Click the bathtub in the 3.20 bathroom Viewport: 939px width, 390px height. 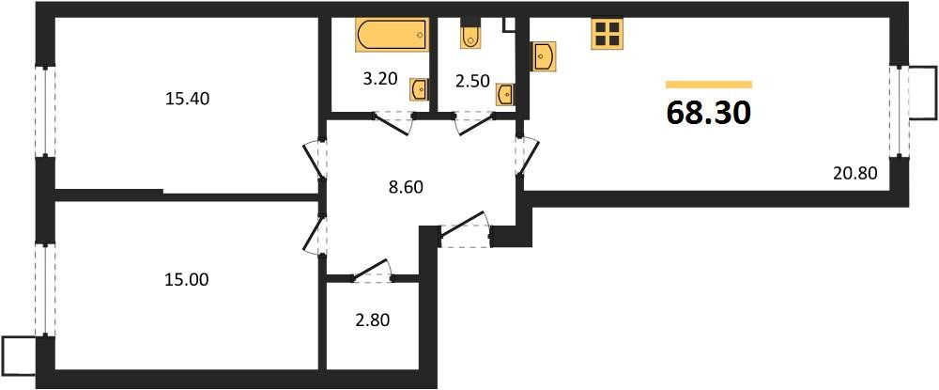point(391,37)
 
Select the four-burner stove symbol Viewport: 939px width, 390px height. point(608,34)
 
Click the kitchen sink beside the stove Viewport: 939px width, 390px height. point(544,55)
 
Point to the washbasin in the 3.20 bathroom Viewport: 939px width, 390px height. point(420,89)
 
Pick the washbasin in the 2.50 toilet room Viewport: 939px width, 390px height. point(505,94)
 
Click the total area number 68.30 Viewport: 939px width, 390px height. point(708,113)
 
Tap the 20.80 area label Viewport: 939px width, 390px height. point(854,172)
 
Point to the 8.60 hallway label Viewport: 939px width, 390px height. point(405,186)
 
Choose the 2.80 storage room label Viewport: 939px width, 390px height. point(371,320)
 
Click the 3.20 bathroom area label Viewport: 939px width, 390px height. point(380,79)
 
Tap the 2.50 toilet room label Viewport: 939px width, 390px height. point(471,80)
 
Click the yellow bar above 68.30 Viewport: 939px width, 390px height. point(708,85)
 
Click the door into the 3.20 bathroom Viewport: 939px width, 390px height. point(392,119)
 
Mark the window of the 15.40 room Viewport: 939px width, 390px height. point(43,111)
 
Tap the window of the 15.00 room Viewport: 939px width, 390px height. point(43,289)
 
